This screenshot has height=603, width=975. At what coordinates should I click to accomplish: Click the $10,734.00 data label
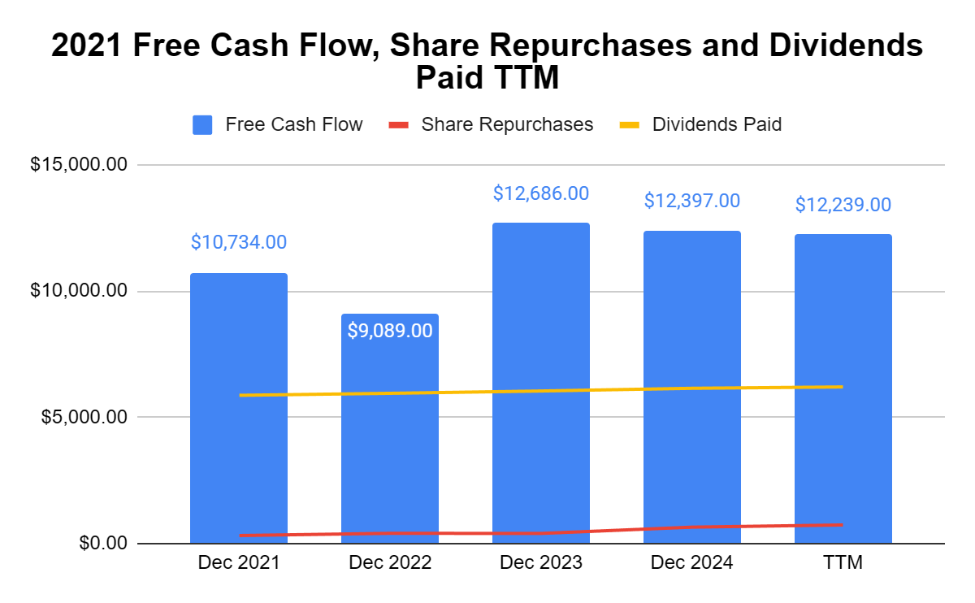tap(239, 242)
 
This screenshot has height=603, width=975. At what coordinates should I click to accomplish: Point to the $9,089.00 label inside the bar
tap(390, 331)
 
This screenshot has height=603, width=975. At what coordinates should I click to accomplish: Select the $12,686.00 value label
tap(541, 193)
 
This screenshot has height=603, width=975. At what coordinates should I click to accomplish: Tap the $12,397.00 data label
tap(692, 201)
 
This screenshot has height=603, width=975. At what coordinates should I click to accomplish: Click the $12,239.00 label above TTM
tap(843, 205)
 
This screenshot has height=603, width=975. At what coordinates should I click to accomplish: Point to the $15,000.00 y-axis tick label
tap(79, 165)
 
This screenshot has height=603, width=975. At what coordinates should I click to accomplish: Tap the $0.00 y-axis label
tap(103, 543)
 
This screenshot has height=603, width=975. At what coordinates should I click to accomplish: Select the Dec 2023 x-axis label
tap(541, 563)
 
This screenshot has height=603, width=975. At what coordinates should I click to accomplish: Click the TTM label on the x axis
tap(843, 563)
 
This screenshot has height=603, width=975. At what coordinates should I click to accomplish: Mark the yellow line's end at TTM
tap(842, 387)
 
